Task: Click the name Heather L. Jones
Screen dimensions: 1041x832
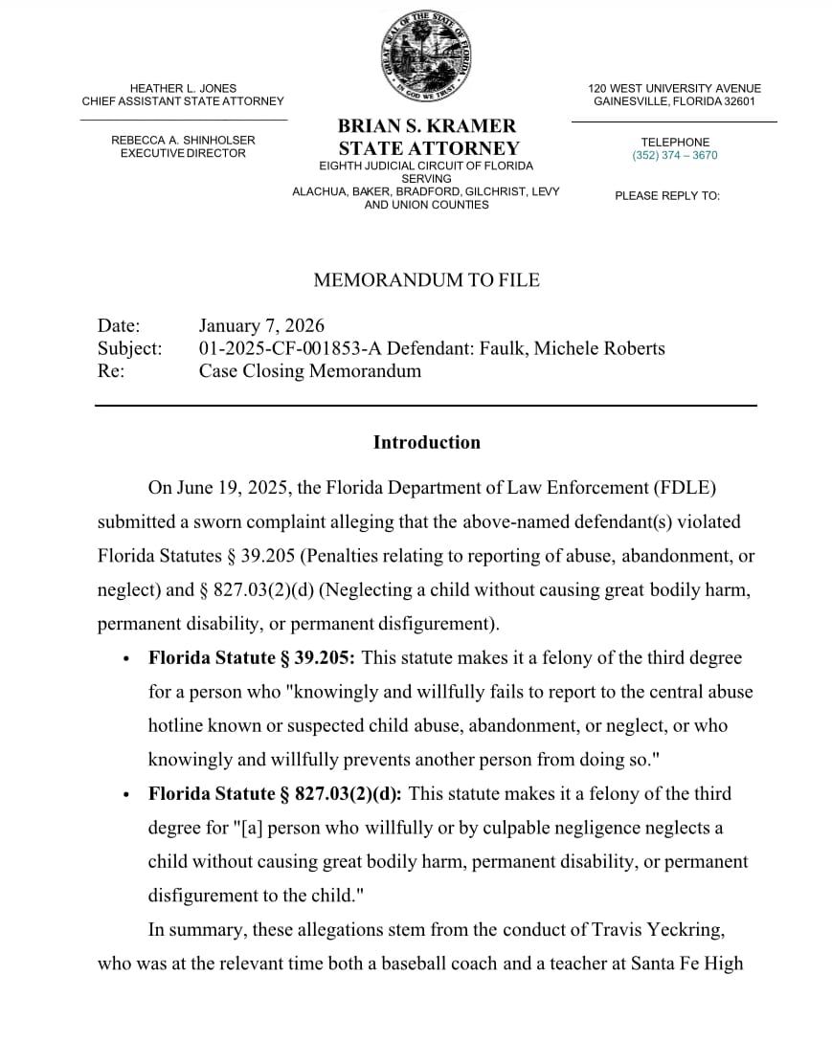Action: pos(183,88)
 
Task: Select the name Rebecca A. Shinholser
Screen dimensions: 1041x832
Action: pos(183,140)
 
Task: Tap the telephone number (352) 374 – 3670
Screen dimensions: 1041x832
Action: pos(674,155)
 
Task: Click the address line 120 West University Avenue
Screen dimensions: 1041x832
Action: pos(674,88)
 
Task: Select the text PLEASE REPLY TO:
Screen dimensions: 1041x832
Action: pos(666,196)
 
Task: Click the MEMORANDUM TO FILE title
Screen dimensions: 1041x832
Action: pos(426,280)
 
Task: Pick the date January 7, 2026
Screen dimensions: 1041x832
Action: pos(261,326)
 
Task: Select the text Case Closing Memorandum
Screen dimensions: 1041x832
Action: pos(309,371)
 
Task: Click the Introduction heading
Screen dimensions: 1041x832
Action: pos(426,442)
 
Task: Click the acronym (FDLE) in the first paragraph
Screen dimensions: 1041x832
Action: pos(686,488)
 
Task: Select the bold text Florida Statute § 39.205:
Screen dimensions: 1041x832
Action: pos(252,658)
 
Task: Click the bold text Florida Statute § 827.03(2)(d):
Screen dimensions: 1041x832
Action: pos(275,794)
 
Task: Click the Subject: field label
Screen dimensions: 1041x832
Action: pos(129,348)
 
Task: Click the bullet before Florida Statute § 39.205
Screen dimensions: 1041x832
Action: pos(126,659)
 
